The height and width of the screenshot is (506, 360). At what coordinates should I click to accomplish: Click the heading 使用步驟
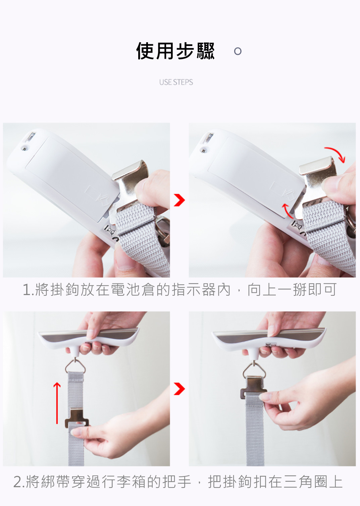(x=175, y=51)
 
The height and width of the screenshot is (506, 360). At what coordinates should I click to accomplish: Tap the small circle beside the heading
(x=238, y=51)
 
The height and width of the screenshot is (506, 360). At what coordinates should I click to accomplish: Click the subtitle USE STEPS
(x=176, y=82)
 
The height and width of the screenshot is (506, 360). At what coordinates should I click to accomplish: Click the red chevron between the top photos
(x=179, y=200)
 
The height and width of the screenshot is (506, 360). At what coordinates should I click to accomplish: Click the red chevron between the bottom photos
(x=179, y=389)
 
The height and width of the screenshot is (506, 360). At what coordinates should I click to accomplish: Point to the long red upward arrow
(x=57, y=403)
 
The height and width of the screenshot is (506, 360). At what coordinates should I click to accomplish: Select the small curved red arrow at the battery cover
(x=287, y=211)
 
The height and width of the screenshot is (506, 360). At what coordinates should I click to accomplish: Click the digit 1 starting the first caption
(x=27, y=290)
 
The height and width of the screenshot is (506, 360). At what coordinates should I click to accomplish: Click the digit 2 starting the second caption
(x=17, y=482)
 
